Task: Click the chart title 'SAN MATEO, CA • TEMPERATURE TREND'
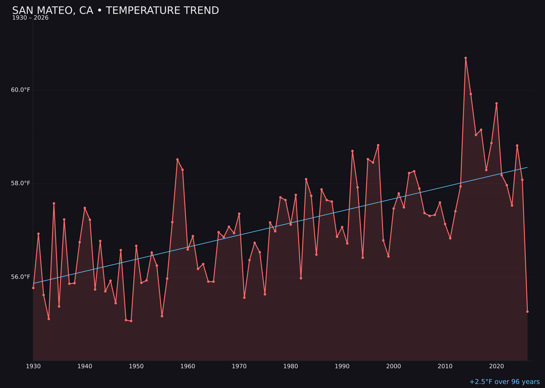tap(116, 11)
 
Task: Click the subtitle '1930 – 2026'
tap(30, 18)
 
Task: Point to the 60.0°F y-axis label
tap(21, 90)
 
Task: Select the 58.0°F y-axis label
tap(21, 183)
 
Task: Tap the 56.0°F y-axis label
tap(21, 277)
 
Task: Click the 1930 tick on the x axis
tap(33, 366)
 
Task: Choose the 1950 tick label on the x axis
tap(136, 366)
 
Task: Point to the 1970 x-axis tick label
tap(239, 366)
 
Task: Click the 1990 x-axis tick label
tap(342, 366)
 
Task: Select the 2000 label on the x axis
tap(394, 366)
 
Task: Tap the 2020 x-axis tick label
tap(497, 366)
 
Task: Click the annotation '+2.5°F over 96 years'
tap(504, 382)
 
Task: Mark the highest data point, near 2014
tap(466, 58)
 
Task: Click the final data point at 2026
tap(527, 312)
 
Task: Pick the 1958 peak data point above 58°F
tap(177, 160)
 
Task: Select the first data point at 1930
tap(33, 288)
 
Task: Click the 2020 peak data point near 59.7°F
tap(497, 104)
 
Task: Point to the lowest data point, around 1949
tap(131, 321)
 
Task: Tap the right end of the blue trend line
tap(527, 167)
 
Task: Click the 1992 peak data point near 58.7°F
tap(352, 151)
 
